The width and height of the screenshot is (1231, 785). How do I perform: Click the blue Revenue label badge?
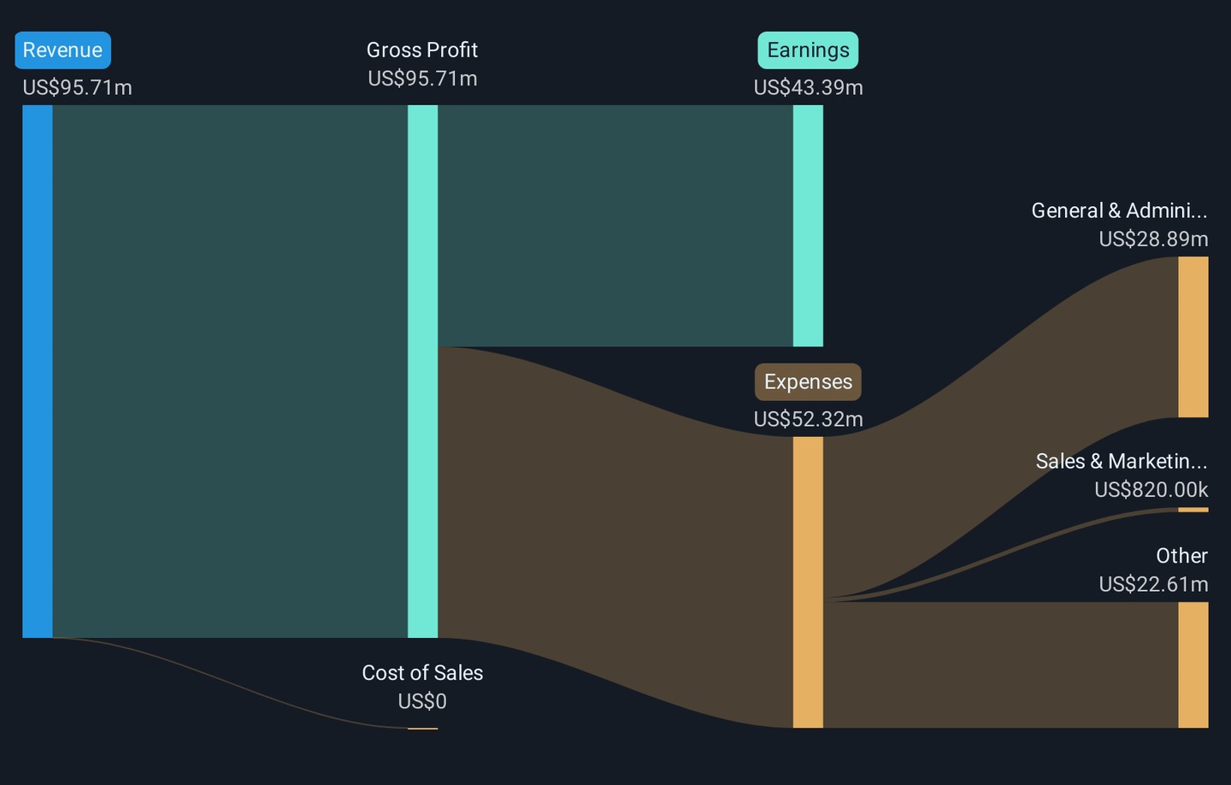coord(62,50)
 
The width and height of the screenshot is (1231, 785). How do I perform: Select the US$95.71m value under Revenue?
coord(77,87)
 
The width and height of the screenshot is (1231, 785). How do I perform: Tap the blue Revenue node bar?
coord(38,371)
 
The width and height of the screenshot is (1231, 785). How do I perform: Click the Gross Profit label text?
coord(422,50)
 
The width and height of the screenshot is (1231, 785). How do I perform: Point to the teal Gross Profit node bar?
coord(422,371)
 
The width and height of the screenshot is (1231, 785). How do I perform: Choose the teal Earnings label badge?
coord(808,50)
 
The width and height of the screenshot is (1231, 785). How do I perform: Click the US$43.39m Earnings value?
coord(808,87)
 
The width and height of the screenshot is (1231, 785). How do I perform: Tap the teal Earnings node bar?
coord(808,226)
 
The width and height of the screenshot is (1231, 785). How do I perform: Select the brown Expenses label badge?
coord(808,382)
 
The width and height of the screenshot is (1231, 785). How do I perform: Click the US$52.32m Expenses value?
coord(808,419)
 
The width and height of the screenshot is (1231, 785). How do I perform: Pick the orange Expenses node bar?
coord(808,582)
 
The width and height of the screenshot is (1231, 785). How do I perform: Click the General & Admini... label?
coord(1119,211)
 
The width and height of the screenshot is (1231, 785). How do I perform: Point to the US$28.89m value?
coord(1153,239)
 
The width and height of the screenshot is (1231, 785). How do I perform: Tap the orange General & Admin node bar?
coord(1193,337)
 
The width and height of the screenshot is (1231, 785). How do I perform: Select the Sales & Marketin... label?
coord(1122,462)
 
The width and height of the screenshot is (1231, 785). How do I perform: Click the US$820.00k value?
coord(1151,490)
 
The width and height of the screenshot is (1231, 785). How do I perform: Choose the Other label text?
coord(1181,556)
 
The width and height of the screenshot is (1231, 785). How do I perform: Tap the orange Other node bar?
coord(1193,665)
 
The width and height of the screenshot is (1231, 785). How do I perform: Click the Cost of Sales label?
coord(422,673)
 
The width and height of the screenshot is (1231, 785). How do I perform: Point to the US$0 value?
coord(422,701)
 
